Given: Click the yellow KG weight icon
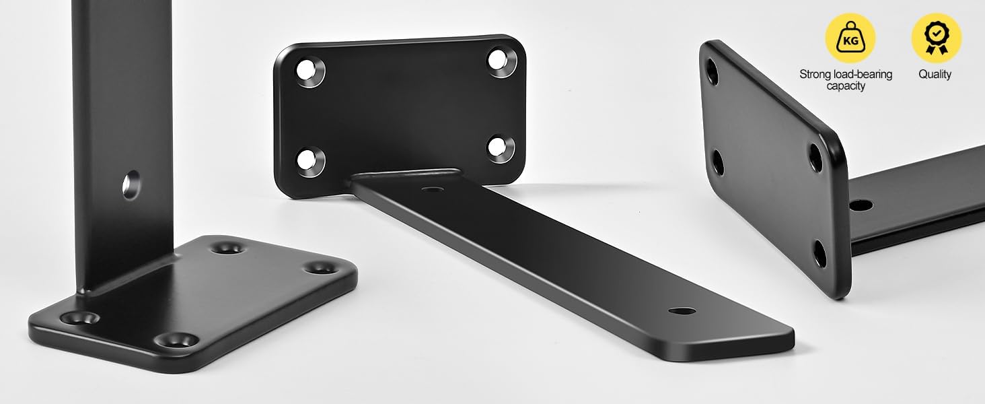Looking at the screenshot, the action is [850, 38].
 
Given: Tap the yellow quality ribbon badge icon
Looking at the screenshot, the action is [936, 38].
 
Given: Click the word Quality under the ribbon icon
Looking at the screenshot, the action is [935, 74].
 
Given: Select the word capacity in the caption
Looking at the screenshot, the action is [846, 86].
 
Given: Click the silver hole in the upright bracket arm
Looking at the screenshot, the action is [131, 185].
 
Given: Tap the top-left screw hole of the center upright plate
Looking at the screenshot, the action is [309, 71].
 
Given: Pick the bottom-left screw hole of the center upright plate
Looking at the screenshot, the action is [310, 162].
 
